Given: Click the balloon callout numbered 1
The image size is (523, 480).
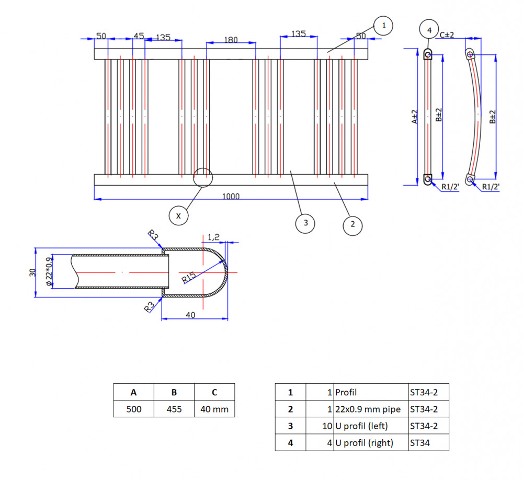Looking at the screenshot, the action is click(383, 26).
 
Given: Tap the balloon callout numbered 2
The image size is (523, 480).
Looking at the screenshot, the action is click(353, 225).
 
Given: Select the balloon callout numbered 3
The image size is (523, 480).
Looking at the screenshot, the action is click(305, 223).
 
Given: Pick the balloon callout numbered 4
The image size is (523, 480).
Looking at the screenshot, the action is click(429, 30).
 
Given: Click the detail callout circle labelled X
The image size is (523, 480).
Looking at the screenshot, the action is click(178, 216).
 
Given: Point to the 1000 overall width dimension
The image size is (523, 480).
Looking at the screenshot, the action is click(231, 197).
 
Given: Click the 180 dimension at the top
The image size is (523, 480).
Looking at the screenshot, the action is click(231, 40).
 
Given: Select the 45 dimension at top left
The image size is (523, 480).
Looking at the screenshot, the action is click(139, 36).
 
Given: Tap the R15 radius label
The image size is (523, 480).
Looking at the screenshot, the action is click(189, 278).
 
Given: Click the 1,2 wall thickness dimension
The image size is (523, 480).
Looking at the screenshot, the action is click(213, 237).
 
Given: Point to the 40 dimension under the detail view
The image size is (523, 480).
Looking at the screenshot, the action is click(190, 315).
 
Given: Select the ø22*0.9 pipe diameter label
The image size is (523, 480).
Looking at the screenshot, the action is click(49, 271).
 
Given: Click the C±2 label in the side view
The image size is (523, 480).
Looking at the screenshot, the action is click(447, 35).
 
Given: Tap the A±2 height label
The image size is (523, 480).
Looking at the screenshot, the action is click(415, 117).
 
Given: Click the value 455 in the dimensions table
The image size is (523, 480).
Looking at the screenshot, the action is click(174, 409).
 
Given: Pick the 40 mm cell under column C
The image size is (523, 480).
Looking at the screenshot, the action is click(214, 409).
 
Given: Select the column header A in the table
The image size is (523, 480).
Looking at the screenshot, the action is click(133, 392).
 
